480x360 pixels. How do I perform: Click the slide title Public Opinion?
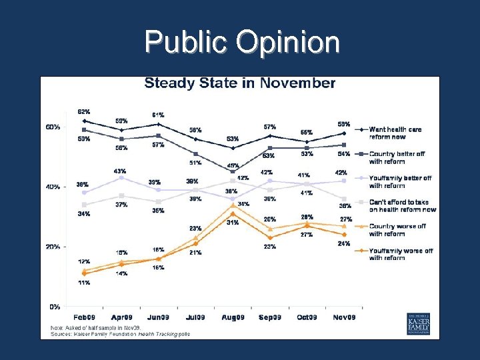242,43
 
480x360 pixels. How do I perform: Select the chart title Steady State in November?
240,83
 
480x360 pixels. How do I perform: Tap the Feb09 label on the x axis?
84,317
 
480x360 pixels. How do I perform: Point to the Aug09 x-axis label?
233,317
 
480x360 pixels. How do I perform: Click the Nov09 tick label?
345,317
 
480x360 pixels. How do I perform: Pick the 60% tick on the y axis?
53,127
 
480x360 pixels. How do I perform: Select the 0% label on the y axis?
55,307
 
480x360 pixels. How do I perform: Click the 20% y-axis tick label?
53,247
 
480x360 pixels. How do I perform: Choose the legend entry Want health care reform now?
396,133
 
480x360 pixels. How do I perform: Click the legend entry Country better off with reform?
396,157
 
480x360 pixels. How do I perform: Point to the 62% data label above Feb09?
84,111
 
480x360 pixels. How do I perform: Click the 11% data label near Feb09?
84,283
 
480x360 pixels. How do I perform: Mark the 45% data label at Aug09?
233,165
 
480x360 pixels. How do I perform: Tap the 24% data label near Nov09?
344,244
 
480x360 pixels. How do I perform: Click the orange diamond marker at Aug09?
233,213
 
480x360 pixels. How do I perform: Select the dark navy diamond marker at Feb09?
84,121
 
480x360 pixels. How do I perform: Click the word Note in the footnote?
57,328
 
